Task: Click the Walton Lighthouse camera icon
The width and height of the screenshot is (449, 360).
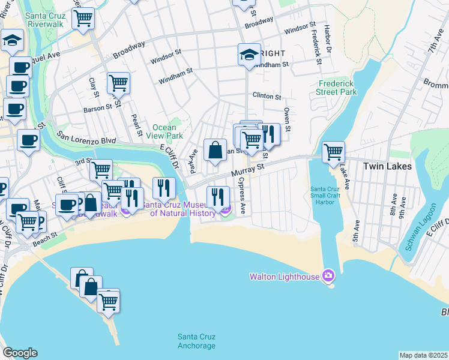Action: [328, 276]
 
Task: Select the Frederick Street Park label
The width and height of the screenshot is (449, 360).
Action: [337, 88]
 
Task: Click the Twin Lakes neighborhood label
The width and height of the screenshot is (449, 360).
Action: [388, 166]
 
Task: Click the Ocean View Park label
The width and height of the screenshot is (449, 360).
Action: [164, 131]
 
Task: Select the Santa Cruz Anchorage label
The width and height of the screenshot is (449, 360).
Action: [196, 341]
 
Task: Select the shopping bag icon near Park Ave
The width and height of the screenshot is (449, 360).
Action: [215, 149]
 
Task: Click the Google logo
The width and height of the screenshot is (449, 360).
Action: [20, 353]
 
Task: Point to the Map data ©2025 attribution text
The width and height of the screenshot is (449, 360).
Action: [424, 355]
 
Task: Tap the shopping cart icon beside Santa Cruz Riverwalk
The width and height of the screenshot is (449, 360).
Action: [83, 17]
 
